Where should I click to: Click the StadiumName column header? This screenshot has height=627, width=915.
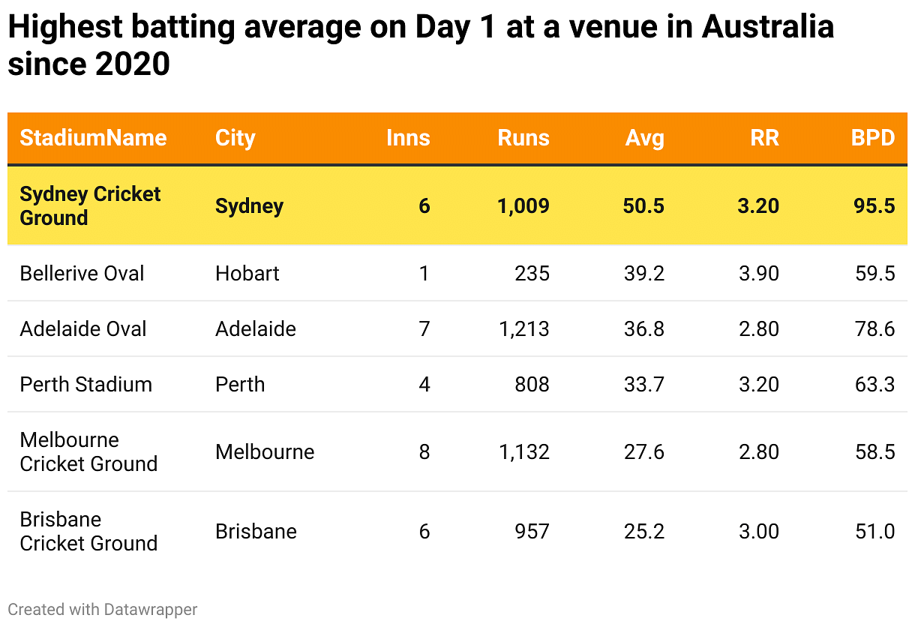(93, 138)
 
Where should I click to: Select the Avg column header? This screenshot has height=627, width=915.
(644, 138)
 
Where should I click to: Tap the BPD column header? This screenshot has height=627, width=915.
(873, 138)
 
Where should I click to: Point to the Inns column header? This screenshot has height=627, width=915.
(408, 138)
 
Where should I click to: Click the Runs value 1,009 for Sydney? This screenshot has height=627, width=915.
(523, 205)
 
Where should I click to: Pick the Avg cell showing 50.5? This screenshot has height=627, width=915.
(643, 205)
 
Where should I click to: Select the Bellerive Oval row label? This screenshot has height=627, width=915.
(82, 273)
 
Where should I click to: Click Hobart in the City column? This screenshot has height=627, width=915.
(247, 273)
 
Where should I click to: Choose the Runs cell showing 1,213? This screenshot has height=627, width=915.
(523, 328)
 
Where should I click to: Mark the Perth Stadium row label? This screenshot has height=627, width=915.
(85, 384)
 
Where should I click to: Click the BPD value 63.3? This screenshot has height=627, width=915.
(874, 384)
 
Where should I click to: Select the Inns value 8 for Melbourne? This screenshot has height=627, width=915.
(424, 451)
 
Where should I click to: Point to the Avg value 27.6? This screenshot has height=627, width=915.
(643, 451)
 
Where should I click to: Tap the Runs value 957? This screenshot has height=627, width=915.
(532, 531)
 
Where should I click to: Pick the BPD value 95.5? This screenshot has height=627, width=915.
(874, 205)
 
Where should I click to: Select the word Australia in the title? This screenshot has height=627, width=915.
(768, 28)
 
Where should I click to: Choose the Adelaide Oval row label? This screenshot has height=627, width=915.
(82, 328)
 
